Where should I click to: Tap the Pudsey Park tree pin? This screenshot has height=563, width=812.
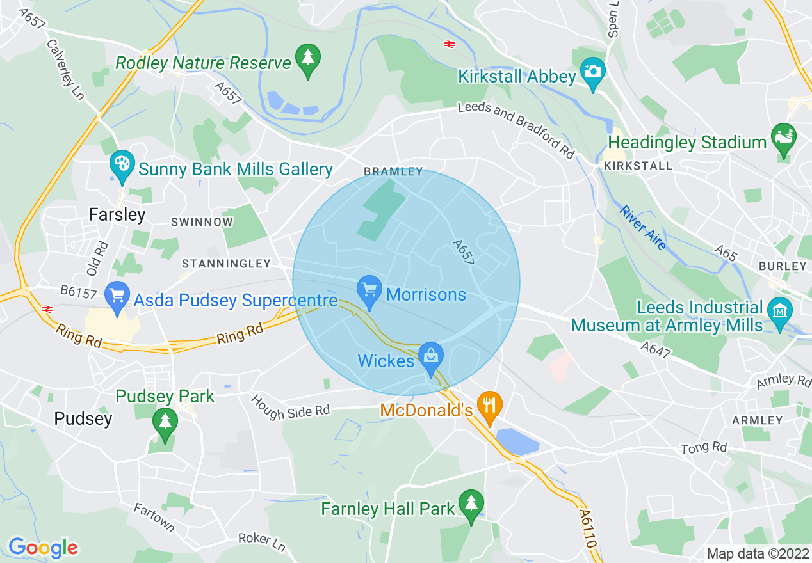click(165, 423)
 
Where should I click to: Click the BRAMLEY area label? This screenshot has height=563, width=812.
click(393, 171)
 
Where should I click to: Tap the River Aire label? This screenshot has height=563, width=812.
click(642, 228)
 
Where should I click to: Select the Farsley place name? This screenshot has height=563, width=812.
click(117, 214)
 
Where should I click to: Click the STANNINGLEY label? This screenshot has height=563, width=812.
click(226, 264)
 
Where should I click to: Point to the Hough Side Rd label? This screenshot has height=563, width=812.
click(290, 407)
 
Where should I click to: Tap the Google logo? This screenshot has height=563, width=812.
click(43, 548)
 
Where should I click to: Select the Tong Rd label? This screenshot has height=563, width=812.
click(704, 447)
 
